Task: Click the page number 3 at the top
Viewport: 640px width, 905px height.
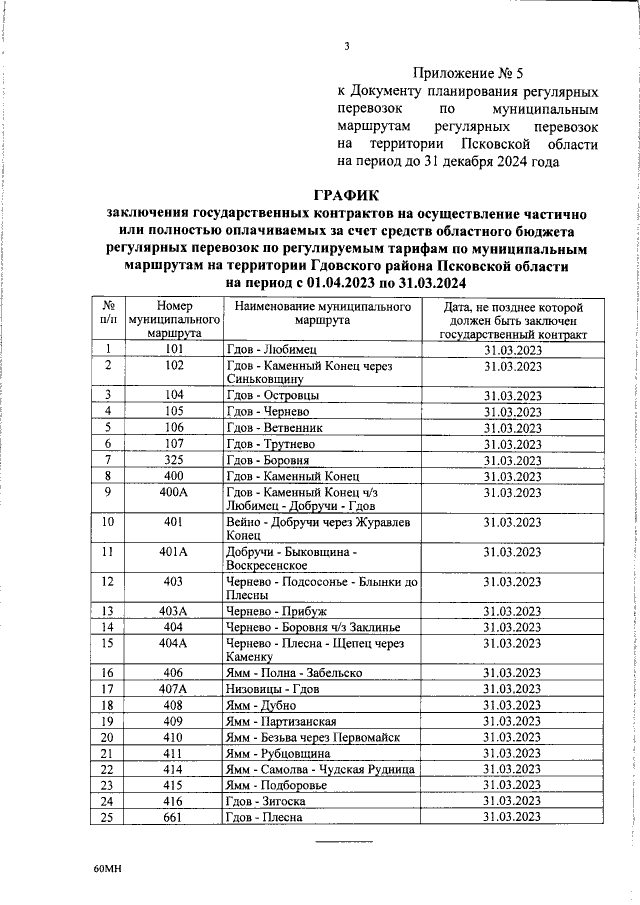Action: pyautogui.click(x=346, y=45)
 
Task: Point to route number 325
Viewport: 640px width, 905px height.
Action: pyautogui.click(x=174, y=459)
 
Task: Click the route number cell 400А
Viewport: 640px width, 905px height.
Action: pyautogui.click(x=174, y=492)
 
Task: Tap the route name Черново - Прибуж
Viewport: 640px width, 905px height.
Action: pyautogui.click(x=270, y=610)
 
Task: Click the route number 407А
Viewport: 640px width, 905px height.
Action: pyautogui.click(x=174, y=689)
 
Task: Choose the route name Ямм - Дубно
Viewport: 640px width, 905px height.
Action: pyautogui.click(x=260, y=706)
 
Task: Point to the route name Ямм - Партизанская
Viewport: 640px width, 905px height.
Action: pyautogui.click(x=281, y=722)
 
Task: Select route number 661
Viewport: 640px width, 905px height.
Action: pyautogui.click(x=174, y=817)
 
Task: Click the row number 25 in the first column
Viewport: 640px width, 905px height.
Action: pyautogui.click(x=107, y=817)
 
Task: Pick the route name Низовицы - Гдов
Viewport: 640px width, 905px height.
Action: pyautogui.click(x=270, y=689)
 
